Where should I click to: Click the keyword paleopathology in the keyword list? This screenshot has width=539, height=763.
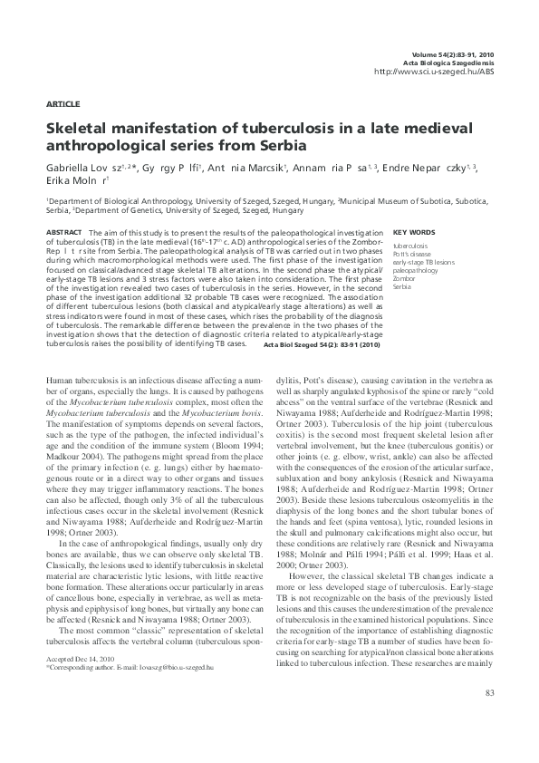(x=416, y=270)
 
